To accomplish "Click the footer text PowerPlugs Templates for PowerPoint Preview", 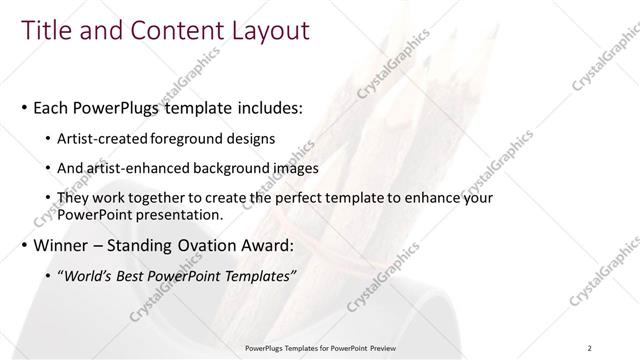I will click(320, 348).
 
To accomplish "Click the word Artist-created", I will click(105, 138).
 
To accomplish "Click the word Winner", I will click(60, 246).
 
